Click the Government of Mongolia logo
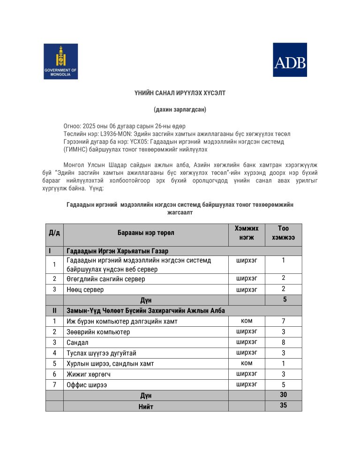pos(60,61)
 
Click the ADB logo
pos(290,60)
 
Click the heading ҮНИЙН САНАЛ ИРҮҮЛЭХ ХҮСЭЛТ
pos(180,93)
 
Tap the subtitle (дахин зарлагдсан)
pos(180,110)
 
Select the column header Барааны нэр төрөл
pos(146,233)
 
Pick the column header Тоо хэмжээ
pos(283,233)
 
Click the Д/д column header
pos(54,233)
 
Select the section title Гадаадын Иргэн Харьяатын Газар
pos(117,251)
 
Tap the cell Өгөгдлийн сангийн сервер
pos(106,279)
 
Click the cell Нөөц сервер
pos(85,290)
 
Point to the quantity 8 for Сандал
pos(283,342)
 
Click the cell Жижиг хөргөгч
pos(91,374)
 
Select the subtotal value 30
pos(283,395)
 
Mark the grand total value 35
pos(283,406)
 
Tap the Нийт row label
pos(146,406)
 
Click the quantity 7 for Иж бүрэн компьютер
pos(283,321)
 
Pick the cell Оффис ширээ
pos(87,385)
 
